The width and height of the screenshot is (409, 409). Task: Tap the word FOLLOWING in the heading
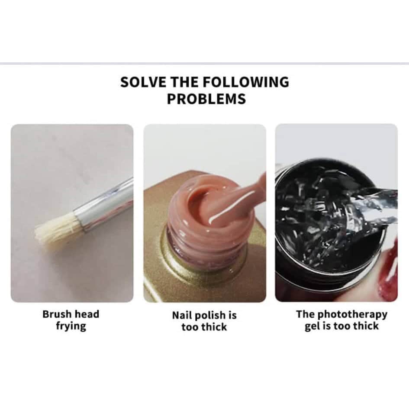click(246, 82)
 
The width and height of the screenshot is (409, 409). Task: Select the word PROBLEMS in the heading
click(206, 99)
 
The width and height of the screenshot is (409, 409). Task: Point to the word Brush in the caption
click(56, 314)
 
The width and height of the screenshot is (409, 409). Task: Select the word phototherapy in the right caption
click(353, 315)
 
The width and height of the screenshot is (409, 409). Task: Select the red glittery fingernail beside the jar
click(390, 271)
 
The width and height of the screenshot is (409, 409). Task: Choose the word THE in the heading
click(184, 82)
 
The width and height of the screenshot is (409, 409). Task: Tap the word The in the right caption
click(306, 314)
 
